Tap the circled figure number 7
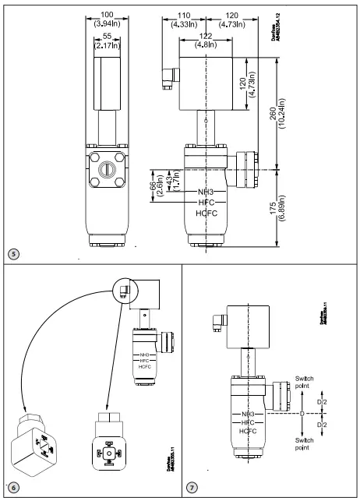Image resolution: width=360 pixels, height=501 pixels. point(192,489)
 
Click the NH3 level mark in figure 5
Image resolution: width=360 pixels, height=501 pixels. point(206,190)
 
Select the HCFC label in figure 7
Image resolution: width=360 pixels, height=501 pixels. point(249,430)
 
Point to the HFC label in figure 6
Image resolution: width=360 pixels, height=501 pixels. point(145,360)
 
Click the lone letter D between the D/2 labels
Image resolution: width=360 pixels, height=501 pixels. point(303,413)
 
